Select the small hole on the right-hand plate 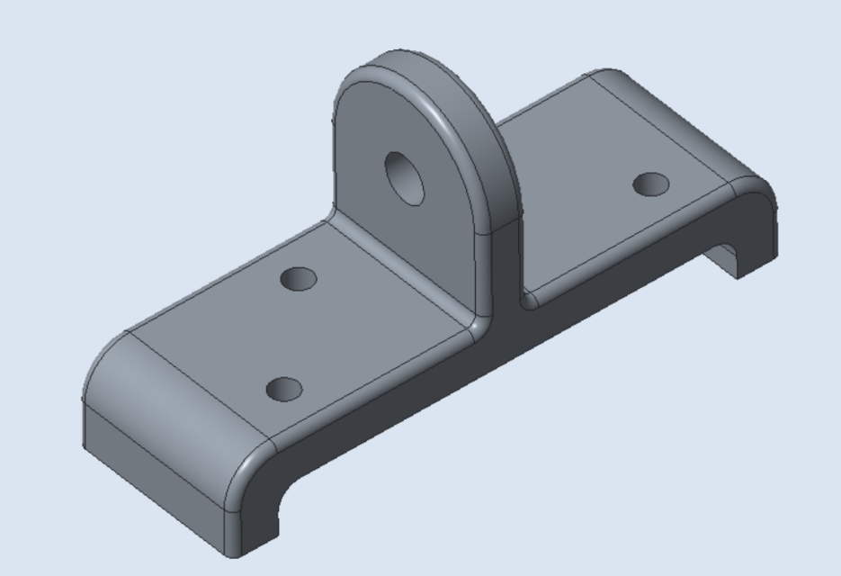650,185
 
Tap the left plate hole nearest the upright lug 299,278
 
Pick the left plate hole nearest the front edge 285,390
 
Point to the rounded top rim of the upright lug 423,67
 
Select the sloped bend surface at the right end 684,126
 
